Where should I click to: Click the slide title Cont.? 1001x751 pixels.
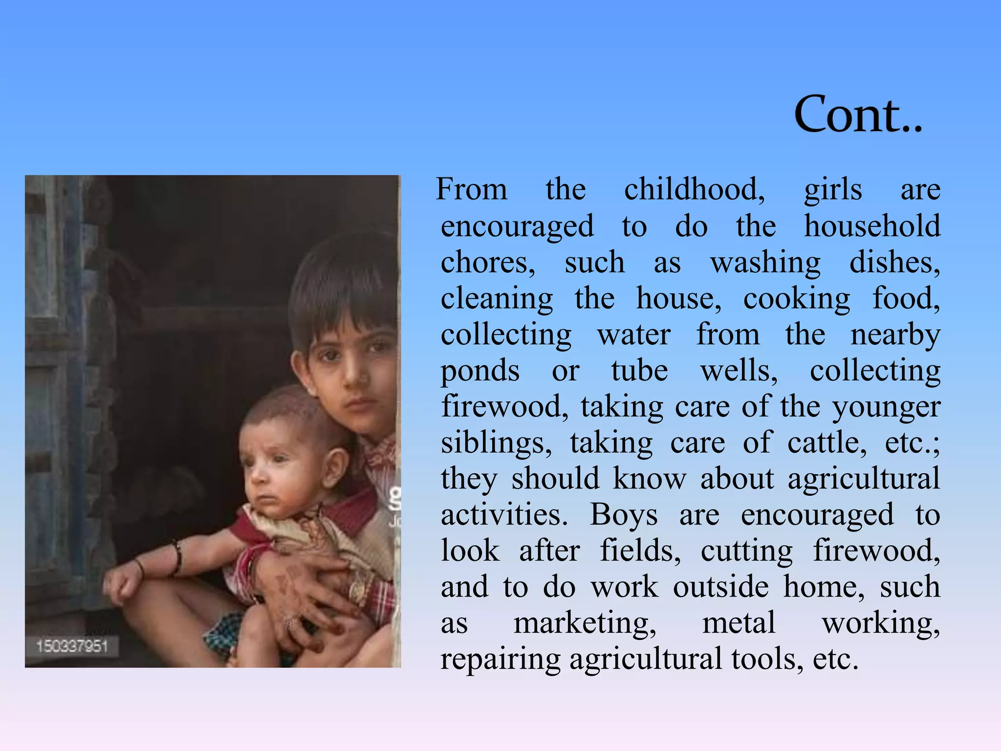coord(858,114)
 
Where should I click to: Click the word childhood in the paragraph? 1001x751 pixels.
coord(694,189)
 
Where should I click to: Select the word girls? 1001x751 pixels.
coord(833,190)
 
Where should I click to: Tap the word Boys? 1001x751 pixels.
coord(624,515)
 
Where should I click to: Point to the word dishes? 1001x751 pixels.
coord(894,263)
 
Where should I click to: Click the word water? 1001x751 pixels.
coord(634,335)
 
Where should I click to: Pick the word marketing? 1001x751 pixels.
coord(585,623)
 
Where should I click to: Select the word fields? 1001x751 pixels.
coord(640,551)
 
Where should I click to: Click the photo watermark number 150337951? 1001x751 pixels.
coord(72,646)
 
